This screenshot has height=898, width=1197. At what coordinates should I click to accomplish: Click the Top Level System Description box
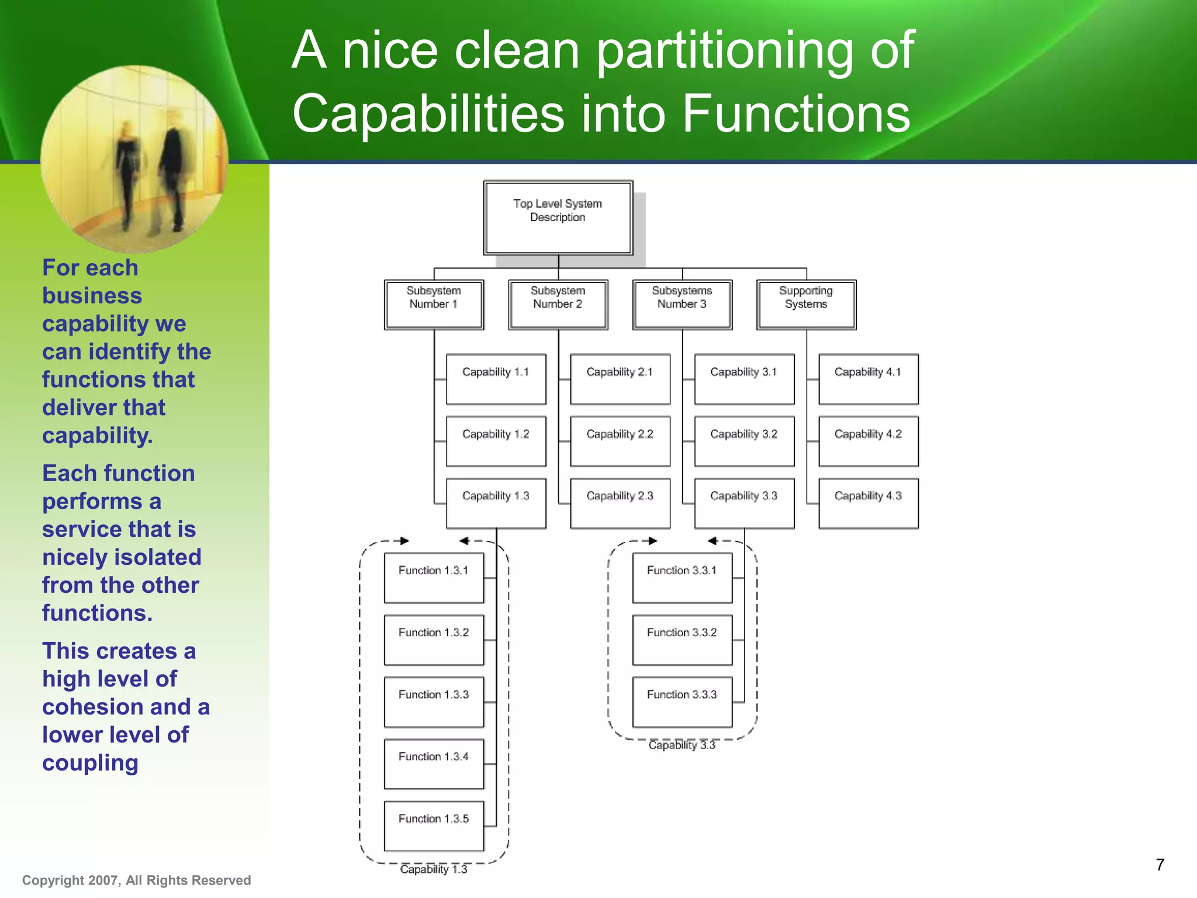coord(558,217)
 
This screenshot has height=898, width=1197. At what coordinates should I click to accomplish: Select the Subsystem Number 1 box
coord(434,304)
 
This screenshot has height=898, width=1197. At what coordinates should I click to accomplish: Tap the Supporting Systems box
coord(806,304)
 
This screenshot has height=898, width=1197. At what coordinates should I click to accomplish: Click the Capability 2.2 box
coord(620,441)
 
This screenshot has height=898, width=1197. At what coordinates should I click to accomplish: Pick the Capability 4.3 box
coord(868,503)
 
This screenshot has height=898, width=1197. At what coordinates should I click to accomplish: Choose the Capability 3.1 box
coord(743,379)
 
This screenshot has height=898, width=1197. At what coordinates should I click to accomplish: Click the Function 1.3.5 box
coord(434,826)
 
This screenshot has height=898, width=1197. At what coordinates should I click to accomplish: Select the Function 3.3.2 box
coord(681,640)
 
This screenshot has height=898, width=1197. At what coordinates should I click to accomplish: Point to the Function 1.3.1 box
coord(434,578)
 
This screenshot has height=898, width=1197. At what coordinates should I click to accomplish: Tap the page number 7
coord(1160,865)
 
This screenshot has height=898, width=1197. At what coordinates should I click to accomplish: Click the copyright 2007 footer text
coord(136,880)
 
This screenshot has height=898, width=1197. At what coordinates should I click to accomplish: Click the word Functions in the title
coord(795,113)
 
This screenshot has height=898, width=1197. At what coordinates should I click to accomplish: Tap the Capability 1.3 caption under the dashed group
coord(434,869)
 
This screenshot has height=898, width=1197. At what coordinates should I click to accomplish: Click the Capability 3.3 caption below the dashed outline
coord(681,745)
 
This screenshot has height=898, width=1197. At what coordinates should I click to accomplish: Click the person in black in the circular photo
coord(173,170)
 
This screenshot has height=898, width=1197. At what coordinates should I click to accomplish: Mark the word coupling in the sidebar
coord(90,763)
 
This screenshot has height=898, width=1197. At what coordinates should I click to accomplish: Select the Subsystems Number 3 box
coord(681,304)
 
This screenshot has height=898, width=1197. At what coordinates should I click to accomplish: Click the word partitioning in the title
coord(725,51)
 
